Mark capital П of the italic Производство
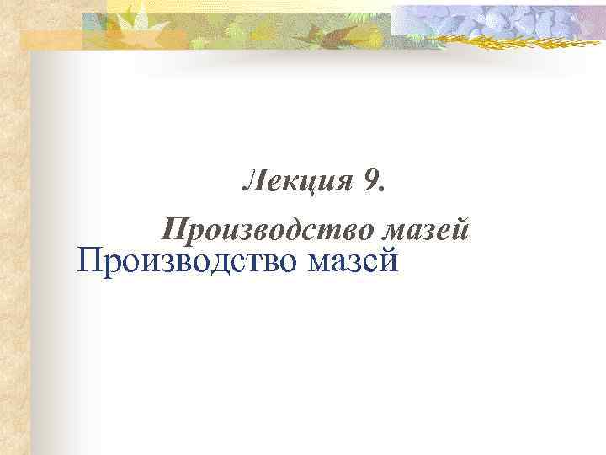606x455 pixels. (174, 228)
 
